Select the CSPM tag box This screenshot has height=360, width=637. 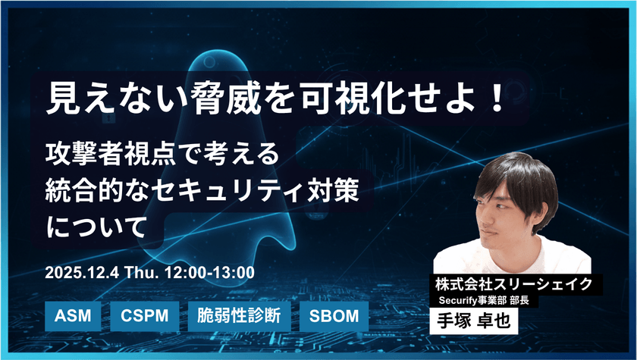(146, 315)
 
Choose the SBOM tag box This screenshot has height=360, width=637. (334, 315)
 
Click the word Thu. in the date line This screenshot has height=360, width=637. (143, 271)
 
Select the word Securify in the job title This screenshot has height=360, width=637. (464, 301)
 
